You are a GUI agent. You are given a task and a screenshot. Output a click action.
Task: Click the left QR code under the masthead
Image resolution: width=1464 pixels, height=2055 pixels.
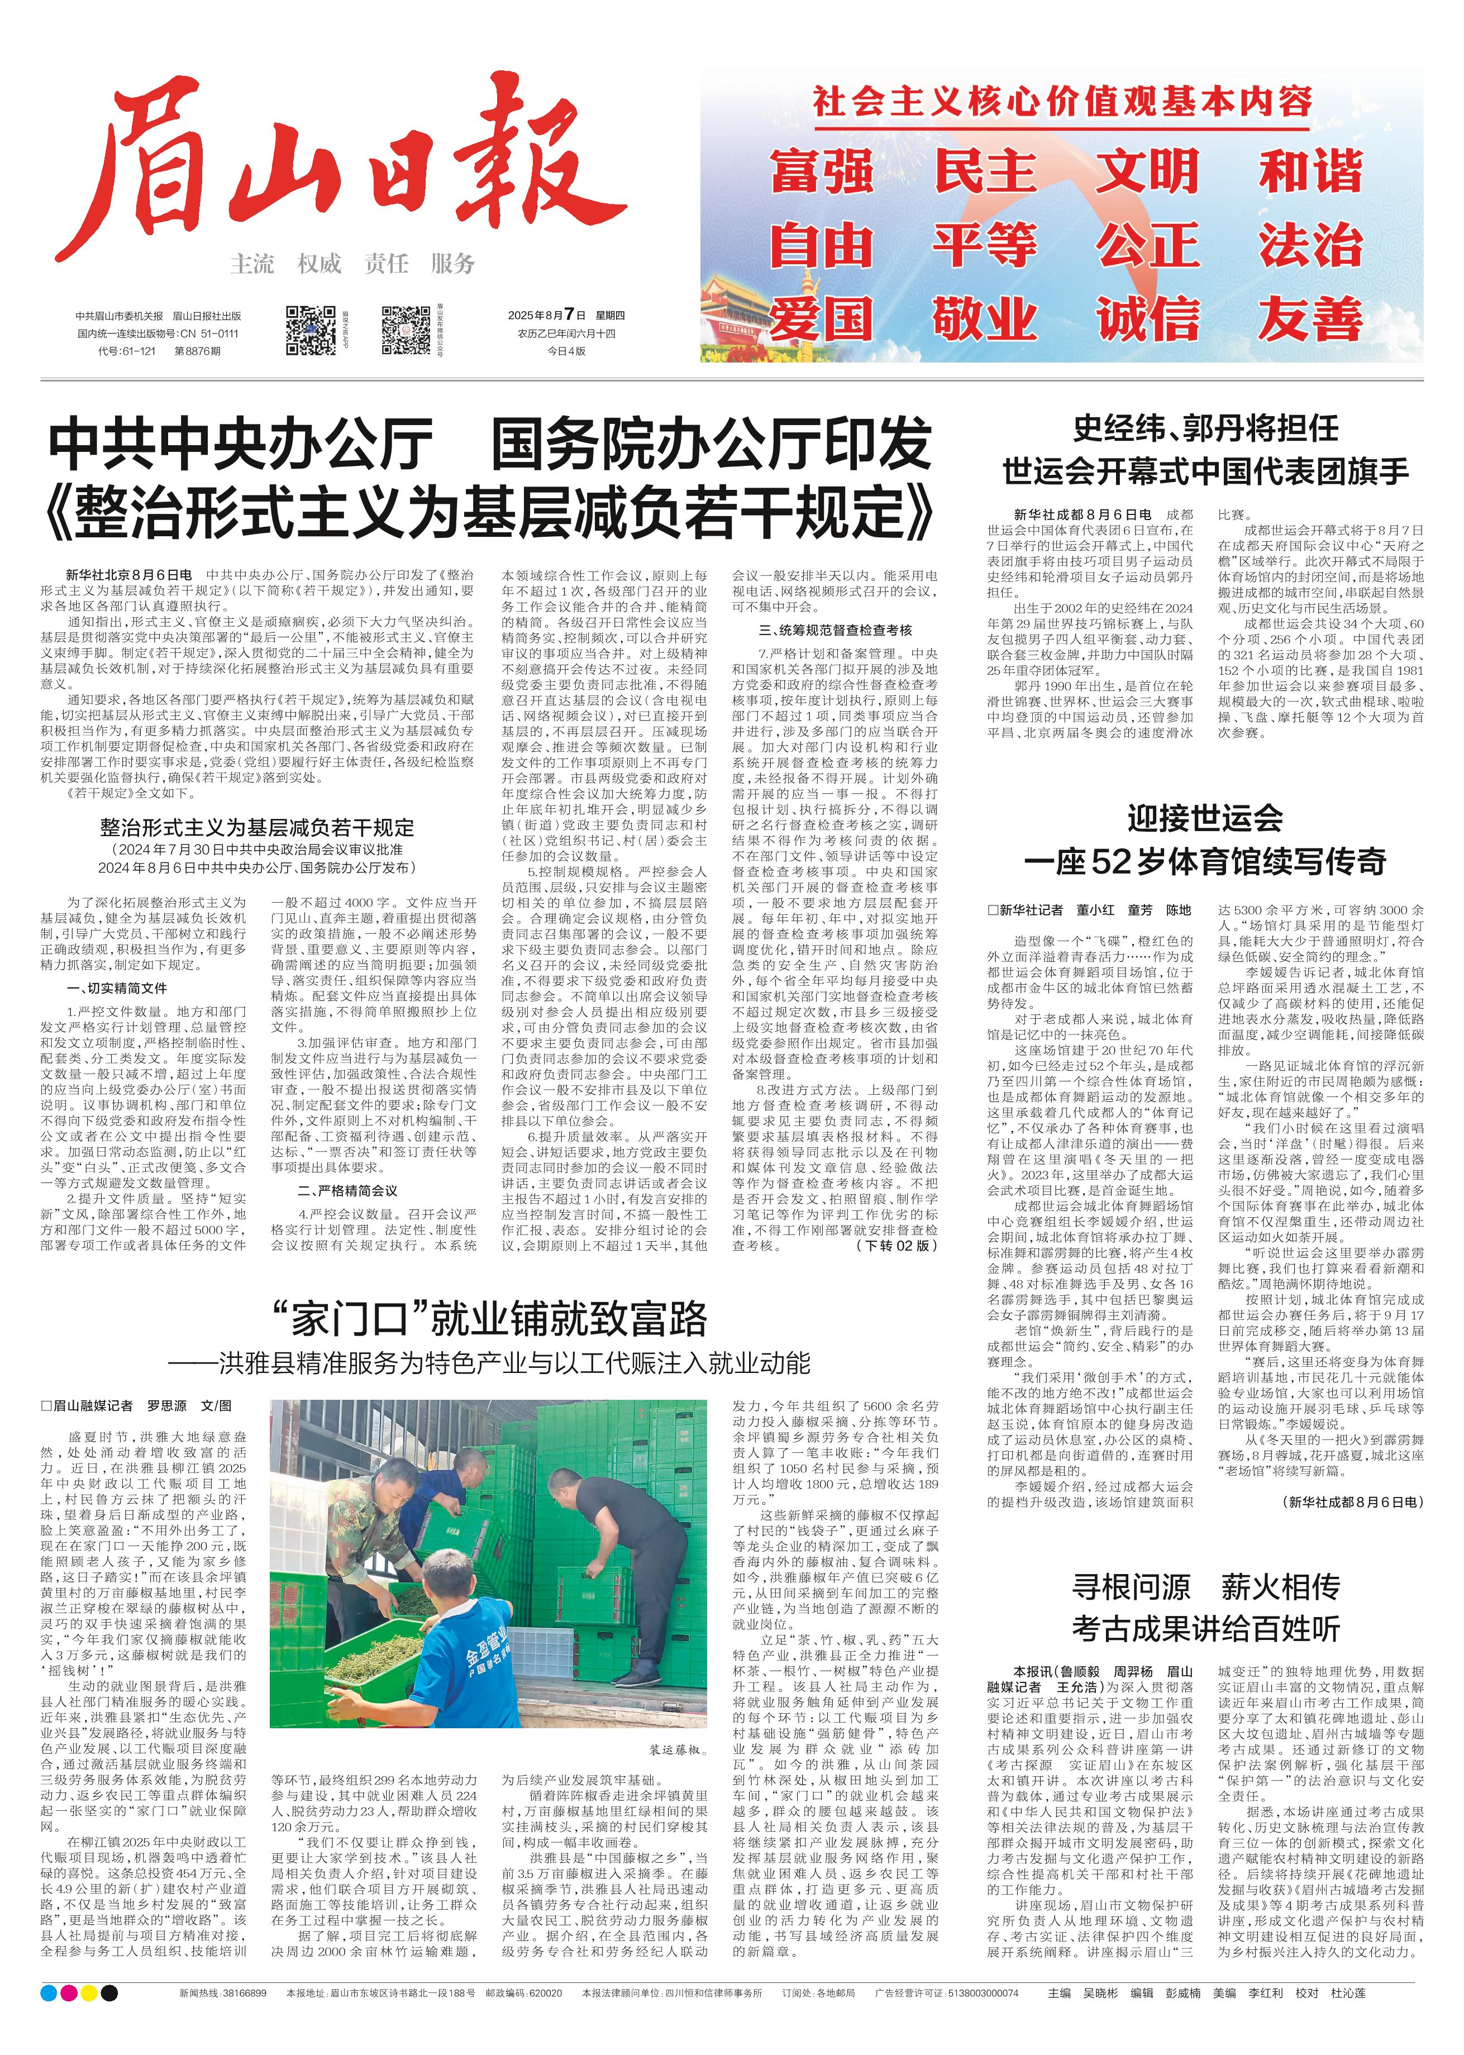311,330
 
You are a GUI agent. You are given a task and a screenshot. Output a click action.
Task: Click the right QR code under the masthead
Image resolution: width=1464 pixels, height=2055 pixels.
406,330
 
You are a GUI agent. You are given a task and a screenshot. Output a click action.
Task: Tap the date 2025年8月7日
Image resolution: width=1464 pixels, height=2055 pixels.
546,316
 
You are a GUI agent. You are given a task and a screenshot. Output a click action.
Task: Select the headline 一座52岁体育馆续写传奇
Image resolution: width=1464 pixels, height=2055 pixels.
1205,862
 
